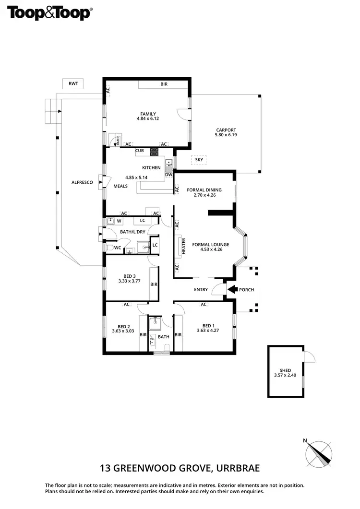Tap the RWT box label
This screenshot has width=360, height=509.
(73, 83)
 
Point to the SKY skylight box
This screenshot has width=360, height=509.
(199, 159)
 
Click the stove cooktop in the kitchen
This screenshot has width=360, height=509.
(155, 152)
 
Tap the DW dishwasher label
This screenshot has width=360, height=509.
(168, 175)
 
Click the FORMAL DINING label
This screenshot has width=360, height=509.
(204, 189)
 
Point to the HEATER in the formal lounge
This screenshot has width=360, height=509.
(183, 246)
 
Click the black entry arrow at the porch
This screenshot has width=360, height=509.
(232, 289)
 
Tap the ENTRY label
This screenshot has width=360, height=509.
(201, 289)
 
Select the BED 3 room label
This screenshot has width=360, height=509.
(129, 276)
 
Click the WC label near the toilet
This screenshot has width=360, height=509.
(117, 248)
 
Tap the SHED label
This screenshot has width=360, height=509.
(285, 370)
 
